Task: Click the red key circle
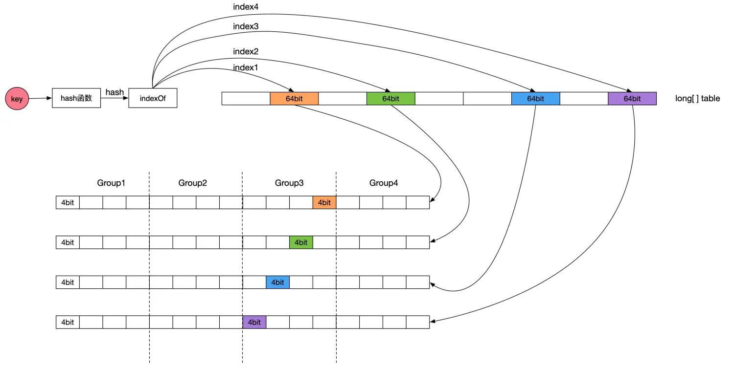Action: (x=17, y=99)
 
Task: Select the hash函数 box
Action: (x=76, y=98)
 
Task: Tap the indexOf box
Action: (x=153, y=98)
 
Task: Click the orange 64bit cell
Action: (x=294, y=99)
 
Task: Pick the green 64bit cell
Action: (x=390, y=99)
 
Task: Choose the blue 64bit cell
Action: (x=535, y=99)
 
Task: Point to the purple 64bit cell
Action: (x=632, y=99)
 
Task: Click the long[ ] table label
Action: (x=697, y=99)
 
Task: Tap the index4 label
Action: (x=246, y=7)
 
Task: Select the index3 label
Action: (x=246, y=26)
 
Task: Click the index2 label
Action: (x=246, y=51)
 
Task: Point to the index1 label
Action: (x=246, y=68)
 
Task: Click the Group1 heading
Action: (x=112, y=183)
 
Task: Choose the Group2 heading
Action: (x=193, y=183)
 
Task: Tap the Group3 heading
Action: (x=289, y=183)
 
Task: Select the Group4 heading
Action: (x=384, y=183)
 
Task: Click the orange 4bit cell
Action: (x=324, y=202)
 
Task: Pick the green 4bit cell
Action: (x=301, y=242)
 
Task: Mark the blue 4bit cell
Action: (x=277, y=282)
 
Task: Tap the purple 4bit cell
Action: (x=254, y=322)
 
